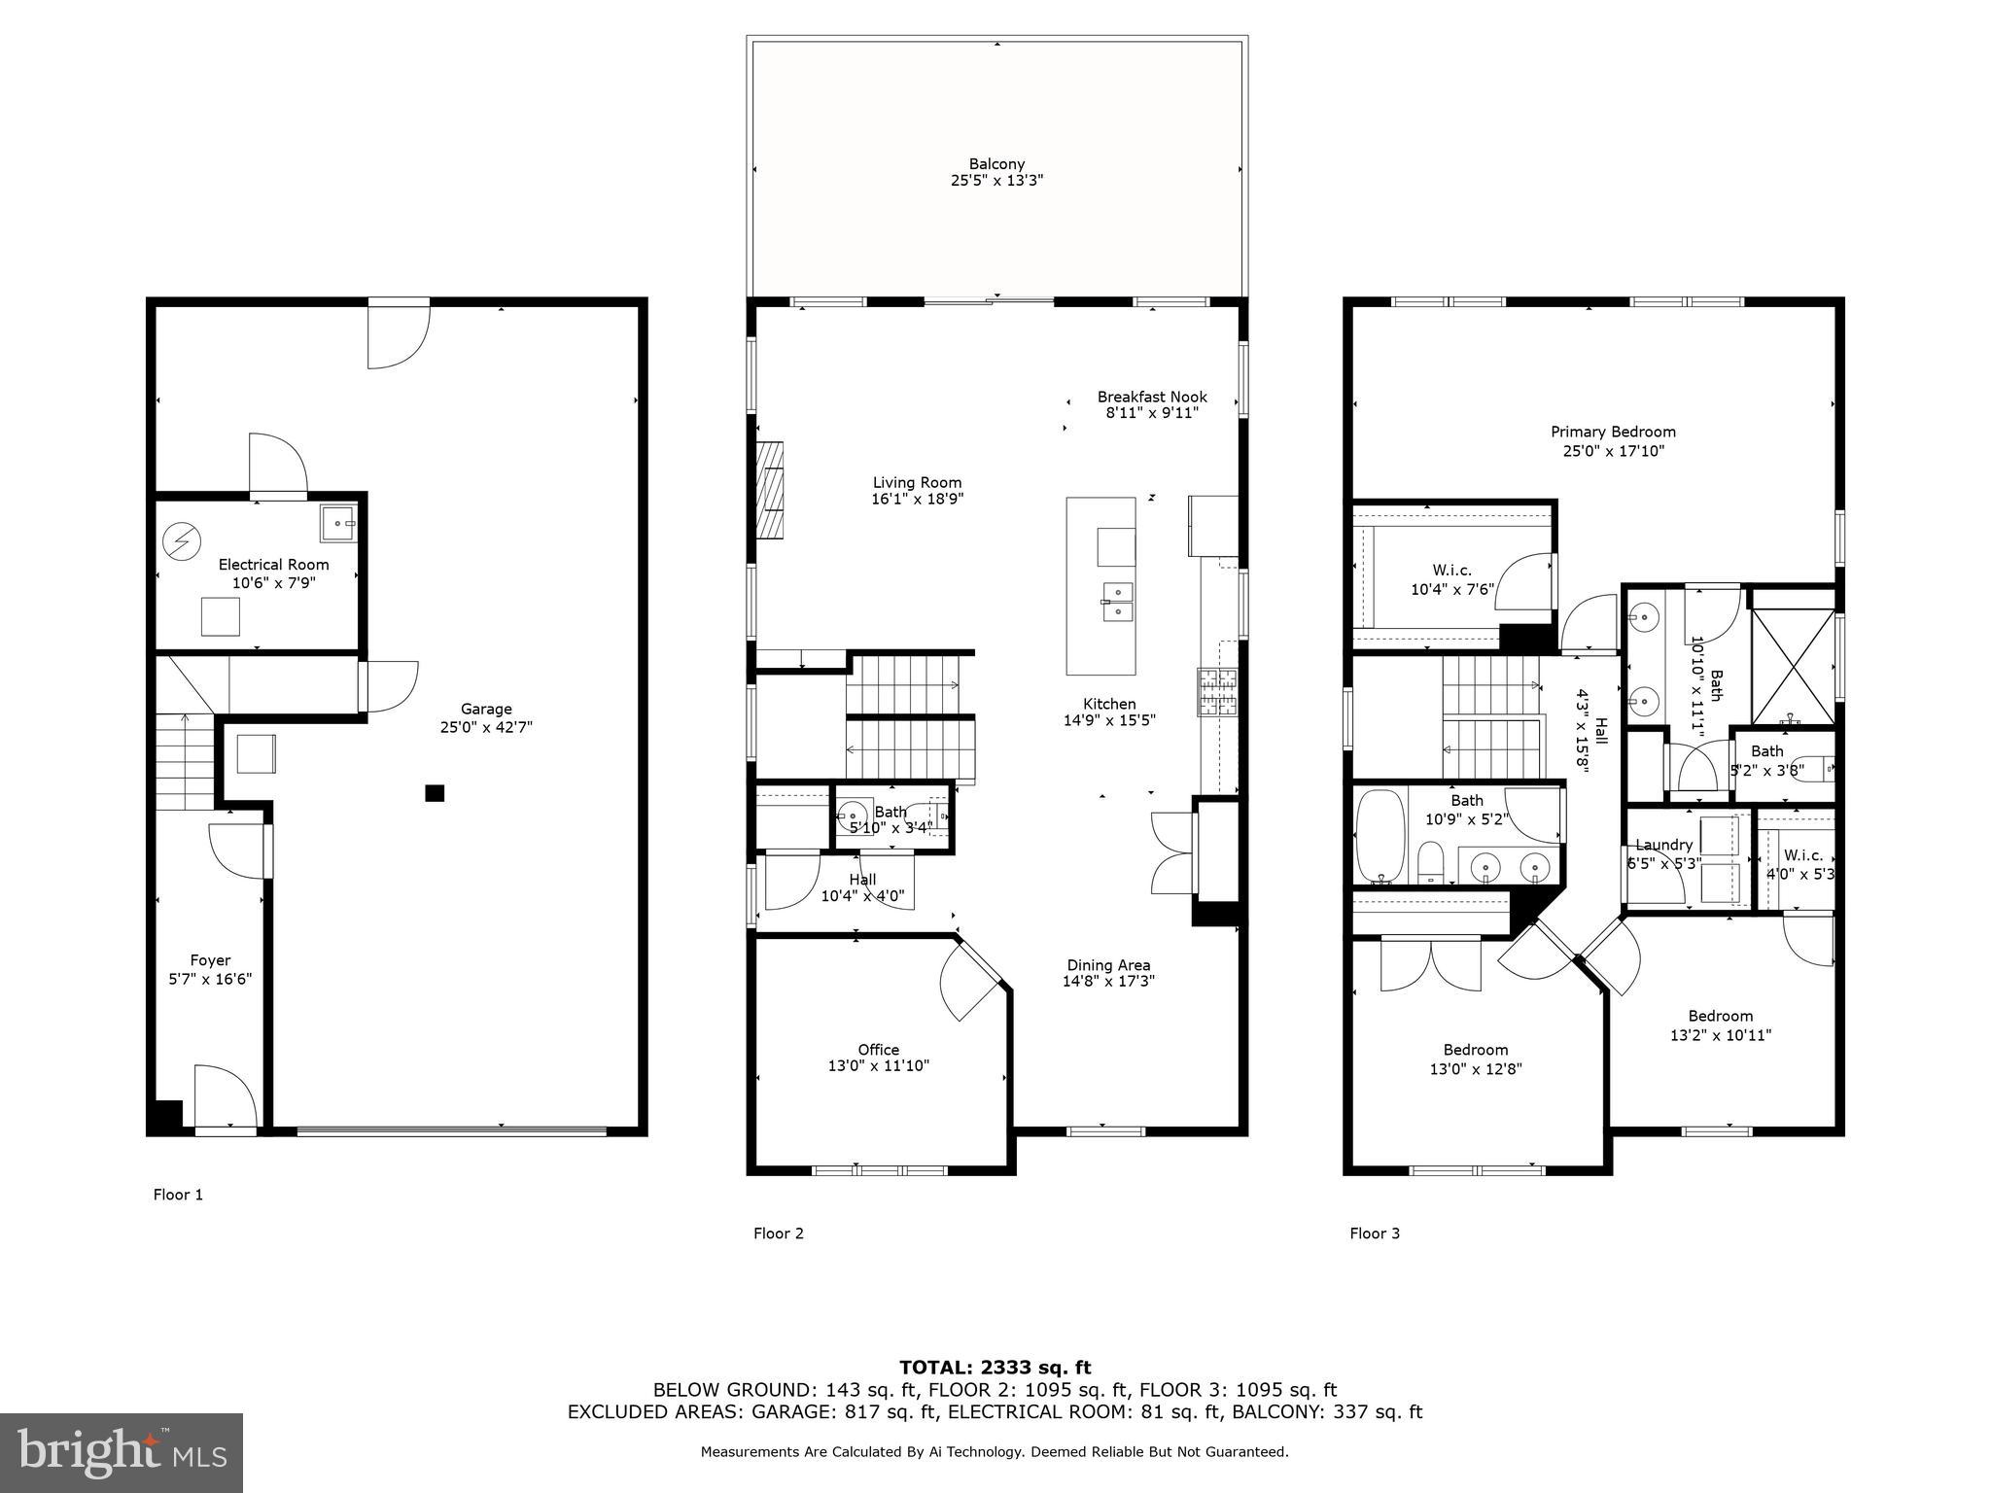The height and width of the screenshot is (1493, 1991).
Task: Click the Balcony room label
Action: click(x=996, y=164)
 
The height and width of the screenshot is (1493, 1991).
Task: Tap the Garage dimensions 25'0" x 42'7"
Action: click(x=486, y=727)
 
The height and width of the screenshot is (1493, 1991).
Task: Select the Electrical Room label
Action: click(x=273, y=565)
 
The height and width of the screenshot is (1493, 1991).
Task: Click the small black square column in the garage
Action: click(x=435, y=793)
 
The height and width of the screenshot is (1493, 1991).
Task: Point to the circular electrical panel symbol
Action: click(x=181, y=541)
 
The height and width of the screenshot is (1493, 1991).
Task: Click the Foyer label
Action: click(x=210, y=960)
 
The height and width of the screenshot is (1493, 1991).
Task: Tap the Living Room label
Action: click(x=917, y=482)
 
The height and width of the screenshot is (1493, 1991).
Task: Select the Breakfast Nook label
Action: click(x=1152, y=397)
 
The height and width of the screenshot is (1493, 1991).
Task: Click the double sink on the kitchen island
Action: click(x=1118, y=601)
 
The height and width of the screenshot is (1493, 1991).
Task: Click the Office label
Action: click(x=878, y=1050)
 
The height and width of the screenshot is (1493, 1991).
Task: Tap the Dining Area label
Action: click(x=1108, y=965)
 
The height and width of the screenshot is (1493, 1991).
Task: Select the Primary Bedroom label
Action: click(x=1613, y=432)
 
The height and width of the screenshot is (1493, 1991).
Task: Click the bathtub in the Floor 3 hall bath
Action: click(x=1380, y=836)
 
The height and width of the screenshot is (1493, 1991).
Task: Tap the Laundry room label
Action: click(x=1663, y=845)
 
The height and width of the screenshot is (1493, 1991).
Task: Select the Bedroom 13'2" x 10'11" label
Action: click(x=1720, y=1016)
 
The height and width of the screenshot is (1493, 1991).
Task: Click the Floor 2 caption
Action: click(x=778, y=1233)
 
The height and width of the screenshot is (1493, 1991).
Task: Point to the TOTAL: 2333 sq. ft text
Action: click(x=995, y=1368)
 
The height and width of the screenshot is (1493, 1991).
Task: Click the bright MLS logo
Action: click(x=122, y=1453)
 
